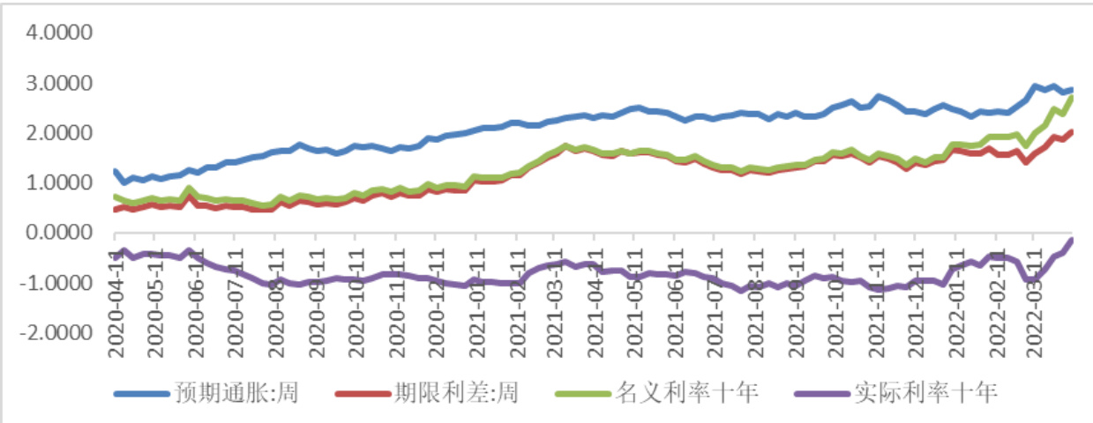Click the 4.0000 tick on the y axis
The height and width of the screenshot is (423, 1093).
pyautogui.click(x=62, y=33)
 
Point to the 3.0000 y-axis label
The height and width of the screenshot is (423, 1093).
pyautogui.click(x=62, y=84)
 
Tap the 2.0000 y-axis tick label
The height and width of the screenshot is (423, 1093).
pyautogui.click(x=62, y=133)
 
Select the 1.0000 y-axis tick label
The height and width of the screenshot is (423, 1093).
pyautogui.click(x=62, y=183)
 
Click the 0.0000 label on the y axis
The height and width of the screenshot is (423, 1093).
pyautogui.click(x=62, y=234)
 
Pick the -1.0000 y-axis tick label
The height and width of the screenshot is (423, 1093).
pyautogui.click(x=58, y=284)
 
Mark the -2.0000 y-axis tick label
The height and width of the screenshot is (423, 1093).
pyautogui.click(x=58, y=334)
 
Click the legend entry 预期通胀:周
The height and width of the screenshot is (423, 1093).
pyautogui.click(x=235, y=392)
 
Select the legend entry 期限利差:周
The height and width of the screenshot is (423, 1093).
pyautogui.click(x=454, y=392)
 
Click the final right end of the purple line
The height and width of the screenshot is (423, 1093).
pyautogui.click(x=1072, y=240)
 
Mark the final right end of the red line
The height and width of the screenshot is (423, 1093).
pyautogui.click(x=1072, y=132)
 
